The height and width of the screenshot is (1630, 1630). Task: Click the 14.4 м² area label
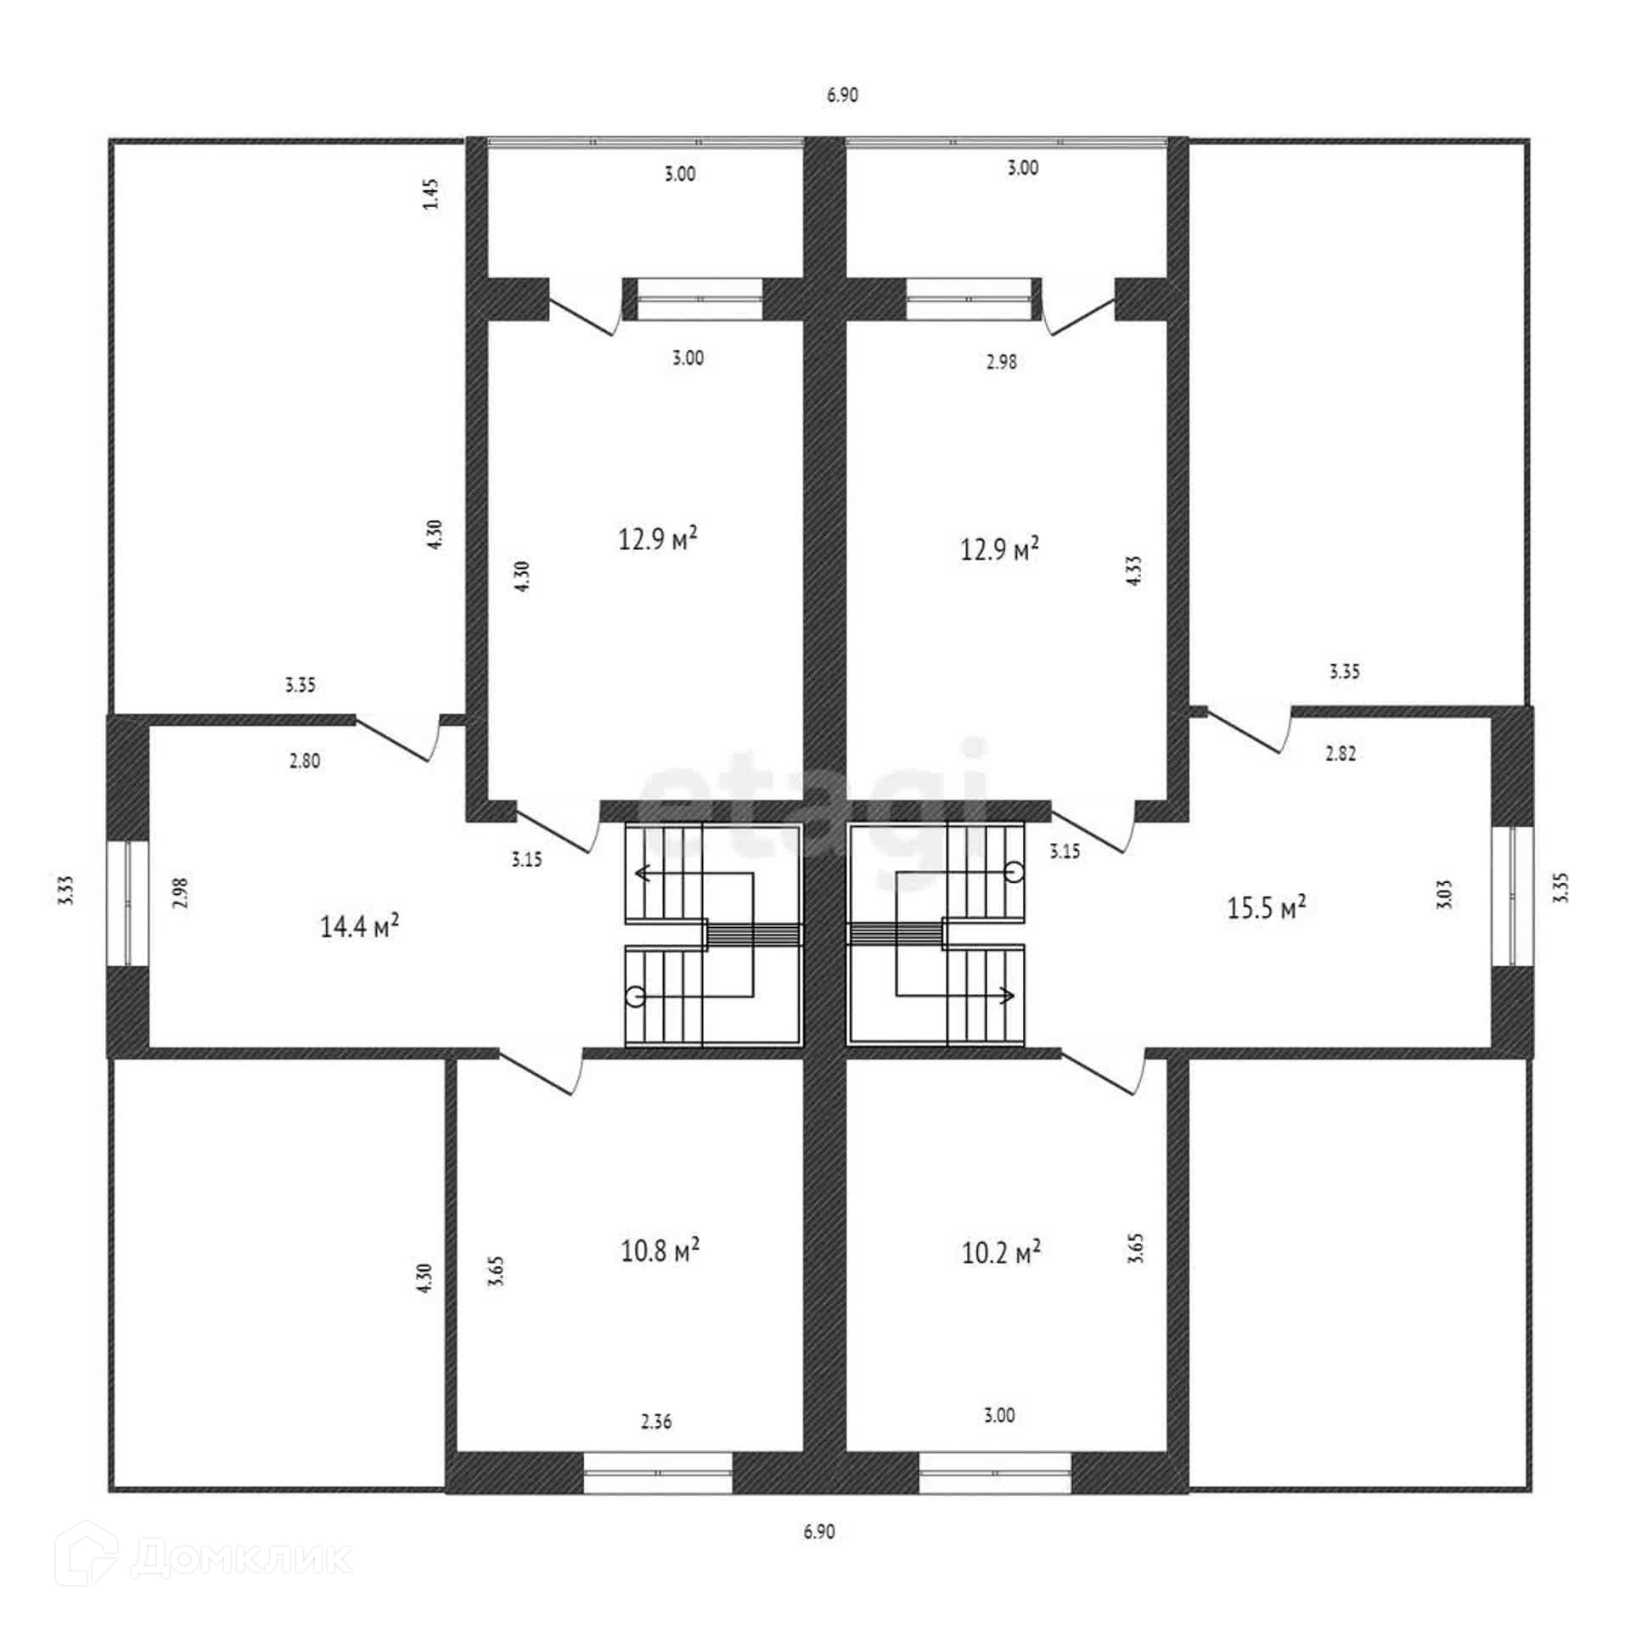(359, 926)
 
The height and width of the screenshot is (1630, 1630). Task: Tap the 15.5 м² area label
(1266, 908)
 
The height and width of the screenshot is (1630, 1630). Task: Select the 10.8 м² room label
(660, 1251)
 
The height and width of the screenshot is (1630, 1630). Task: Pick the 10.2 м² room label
(1001, 1252)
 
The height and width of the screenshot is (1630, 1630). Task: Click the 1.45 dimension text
(431, 194)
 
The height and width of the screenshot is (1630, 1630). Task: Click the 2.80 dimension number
(305, 761)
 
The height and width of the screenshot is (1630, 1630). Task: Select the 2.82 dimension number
(1341, 753)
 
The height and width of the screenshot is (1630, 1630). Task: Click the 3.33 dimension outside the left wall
(68, 891)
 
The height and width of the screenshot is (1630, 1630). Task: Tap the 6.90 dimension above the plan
(842, 95)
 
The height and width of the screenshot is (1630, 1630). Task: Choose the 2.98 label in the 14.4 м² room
(180, 892)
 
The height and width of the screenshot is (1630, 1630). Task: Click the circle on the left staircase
(634, 996)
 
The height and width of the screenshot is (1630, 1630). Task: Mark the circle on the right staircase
(1015, 871)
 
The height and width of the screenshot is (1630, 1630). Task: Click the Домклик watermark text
(241, 1558)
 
